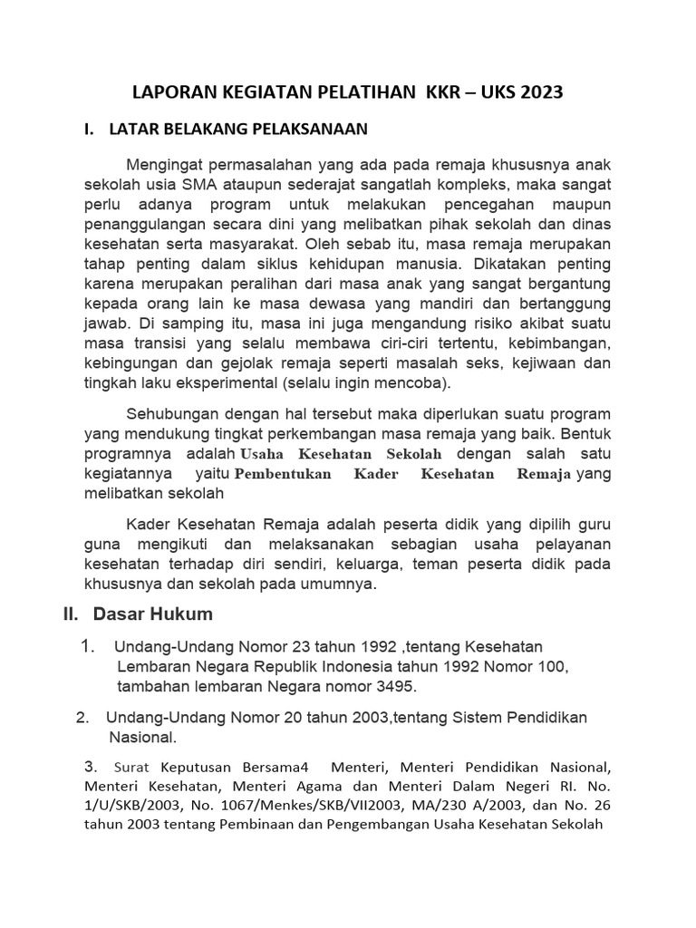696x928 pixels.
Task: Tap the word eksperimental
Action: (x=225, y=383)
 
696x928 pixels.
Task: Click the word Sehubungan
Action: (x=172, y=414)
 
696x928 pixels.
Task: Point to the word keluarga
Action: (x=370, y=564)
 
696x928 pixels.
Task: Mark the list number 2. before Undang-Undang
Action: (x=82, y=718)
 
